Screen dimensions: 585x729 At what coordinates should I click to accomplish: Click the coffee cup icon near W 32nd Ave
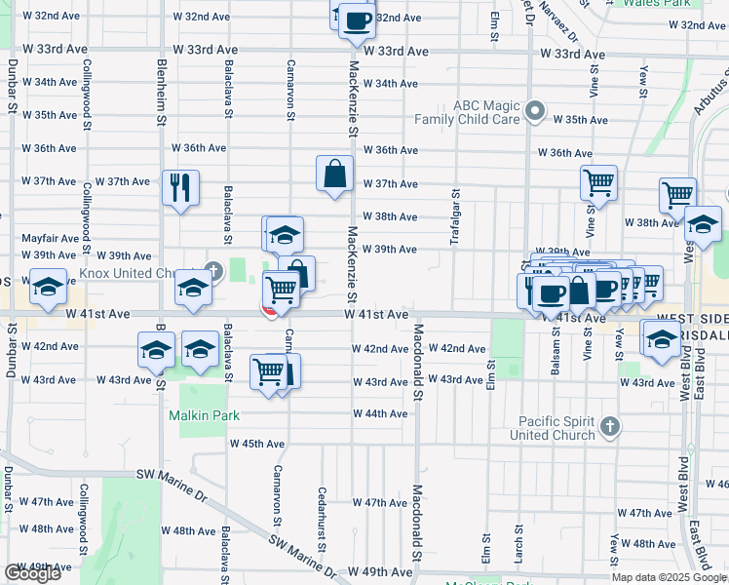pyautogui.click(x=357, y=19)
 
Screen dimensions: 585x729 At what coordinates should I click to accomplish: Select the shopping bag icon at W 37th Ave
pyautogui.click(x=334, y=175)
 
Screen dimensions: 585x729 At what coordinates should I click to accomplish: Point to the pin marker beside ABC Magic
pyautogui.click(x=534, y=112)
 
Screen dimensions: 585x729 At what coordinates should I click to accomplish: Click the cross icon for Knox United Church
pyautogui.click(x=213, y=269)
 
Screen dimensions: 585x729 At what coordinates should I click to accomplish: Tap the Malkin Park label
pyautogui.click(x=204, y=415)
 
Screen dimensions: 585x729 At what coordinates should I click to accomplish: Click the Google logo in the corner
pyautogui.click(x=32, y=573)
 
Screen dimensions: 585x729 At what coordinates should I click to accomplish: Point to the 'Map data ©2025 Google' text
pyautogui.click(x=669, y=577)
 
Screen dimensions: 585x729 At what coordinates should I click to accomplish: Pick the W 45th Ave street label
pyautogui.click(x=256, y=444)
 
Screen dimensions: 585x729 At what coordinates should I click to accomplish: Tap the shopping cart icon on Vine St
pyautogui.click(x=598, y=181)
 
